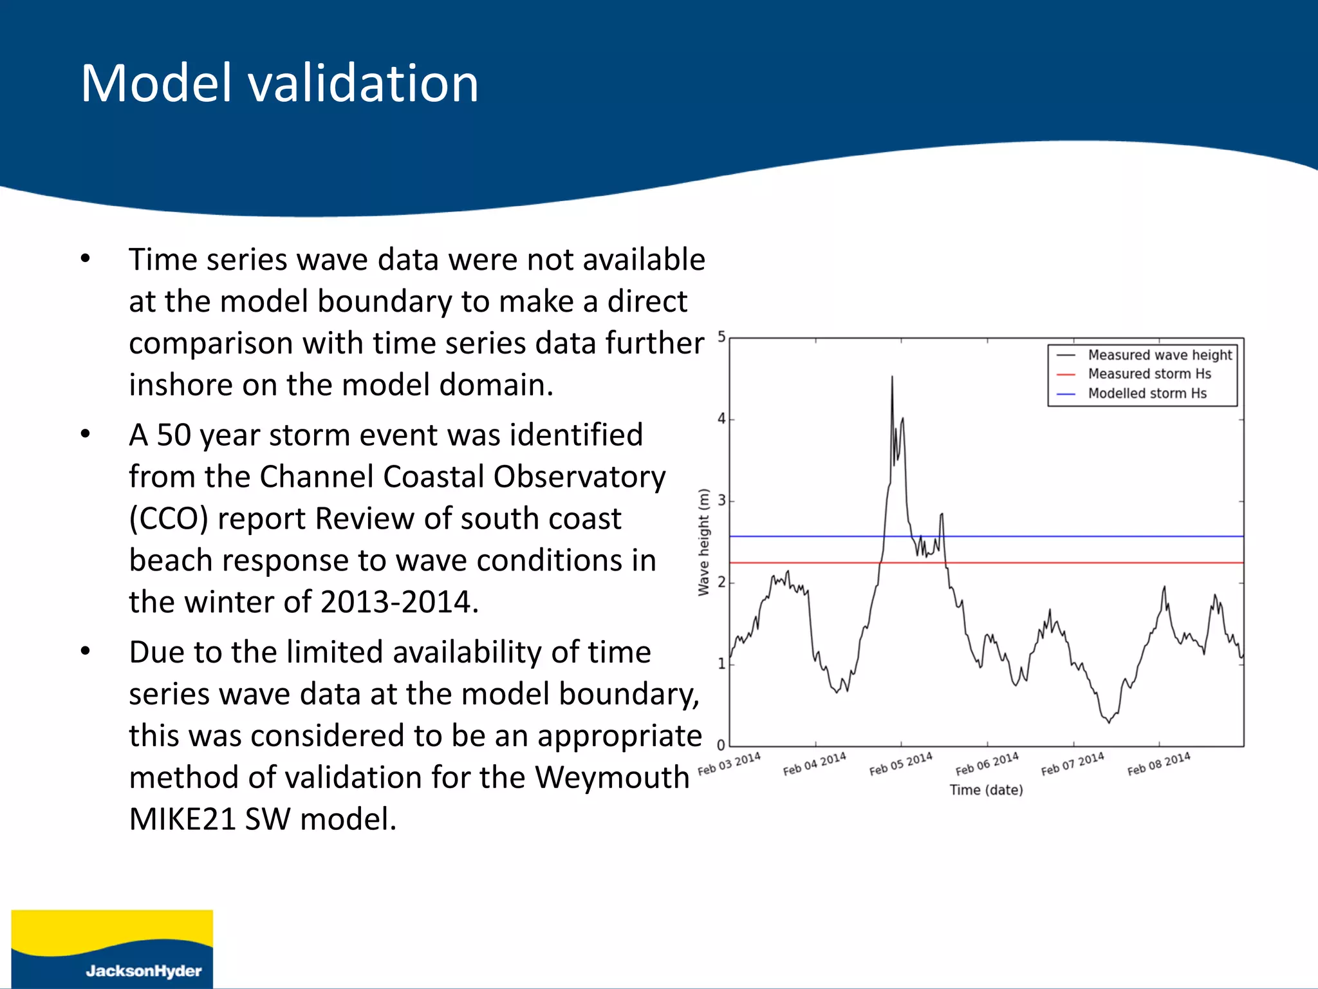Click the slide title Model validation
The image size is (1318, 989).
(279, 84)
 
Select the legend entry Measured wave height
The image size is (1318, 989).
(1159, 355)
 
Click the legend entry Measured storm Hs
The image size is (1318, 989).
(1149, 374)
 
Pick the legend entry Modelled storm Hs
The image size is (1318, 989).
(1147, 393)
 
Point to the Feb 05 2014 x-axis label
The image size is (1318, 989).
(900, 764)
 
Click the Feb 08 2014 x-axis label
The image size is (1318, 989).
(1158, 764)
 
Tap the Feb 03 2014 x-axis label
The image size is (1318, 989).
(729, 764)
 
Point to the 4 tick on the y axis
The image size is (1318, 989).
(721, 419)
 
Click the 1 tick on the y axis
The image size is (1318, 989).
(721, 664)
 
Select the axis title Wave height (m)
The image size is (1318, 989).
(703, 542)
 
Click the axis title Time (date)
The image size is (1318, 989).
(986, 790)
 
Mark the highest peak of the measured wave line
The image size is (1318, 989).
(892, 377)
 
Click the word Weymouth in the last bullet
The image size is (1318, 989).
(612, 777)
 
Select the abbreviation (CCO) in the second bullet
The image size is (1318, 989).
(169, 519)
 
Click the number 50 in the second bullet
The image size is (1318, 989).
(174, 435)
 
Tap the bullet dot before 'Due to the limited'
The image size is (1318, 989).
(86, 652)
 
